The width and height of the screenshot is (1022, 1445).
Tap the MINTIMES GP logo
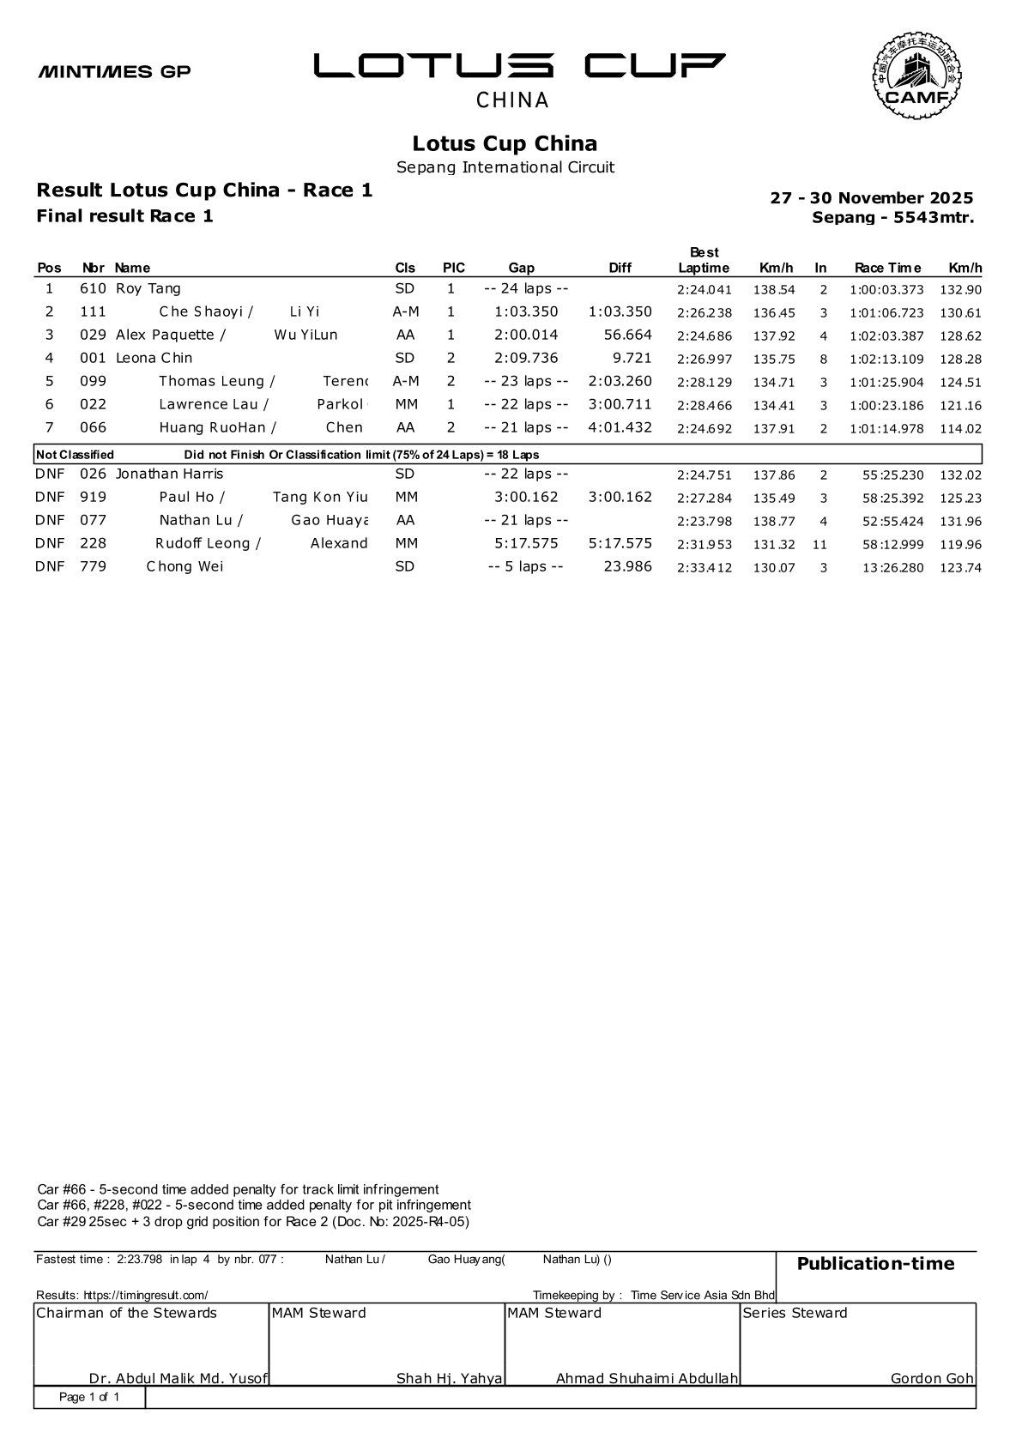pyautogui.click(x=114, y=71)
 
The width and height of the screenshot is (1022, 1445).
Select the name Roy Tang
pyautogui.click(x=148, y=289)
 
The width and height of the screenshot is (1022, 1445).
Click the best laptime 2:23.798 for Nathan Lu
pyautogui.click(x=704, y=521)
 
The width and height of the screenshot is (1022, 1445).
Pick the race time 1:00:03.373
pyautogui.click(x=886, y=290)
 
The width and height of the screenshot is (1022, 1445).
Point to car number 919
pyautogui.click(x=93, y=498)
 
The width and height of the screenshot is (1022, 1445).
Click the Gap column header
pyautogui.click(x=521, y=268)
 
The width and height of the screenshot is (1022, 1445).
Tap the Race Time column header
pyautogui.click(x=887, y=268)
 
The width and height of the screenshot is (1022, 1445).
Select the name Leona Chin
pyautogui.click(x=154, y=359)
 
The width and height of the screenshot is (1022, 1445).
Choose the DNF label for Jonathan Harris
pyautogui.click(x=50, y=475)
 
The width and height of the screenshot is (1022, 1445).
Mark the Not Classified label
pyautogui.click(x=76, y=455)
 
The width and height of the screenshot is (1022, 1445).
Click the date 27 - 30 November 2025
pyautogui.click(x=872, y=198)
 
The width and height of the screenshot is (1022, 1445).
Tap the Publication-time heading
pyautogui.click(x=875, y=1263)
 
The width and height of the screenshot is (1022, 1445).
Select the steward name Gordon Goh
pyautogui.click(x=932, y=1379)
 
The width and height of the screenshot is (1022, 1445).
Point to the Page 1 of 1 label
pyautogui.click(x=89, y=1398)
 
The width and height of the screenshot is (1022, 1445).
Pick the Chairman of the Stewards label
pyautogui.click(x=126, y=1313)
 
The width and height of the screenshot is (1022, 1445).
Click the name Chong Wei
pyautogui.click(x=184, y=567)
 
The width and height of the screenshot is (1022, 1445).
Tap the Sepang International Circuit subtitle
pyautogui.click(x=505, y=167)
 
